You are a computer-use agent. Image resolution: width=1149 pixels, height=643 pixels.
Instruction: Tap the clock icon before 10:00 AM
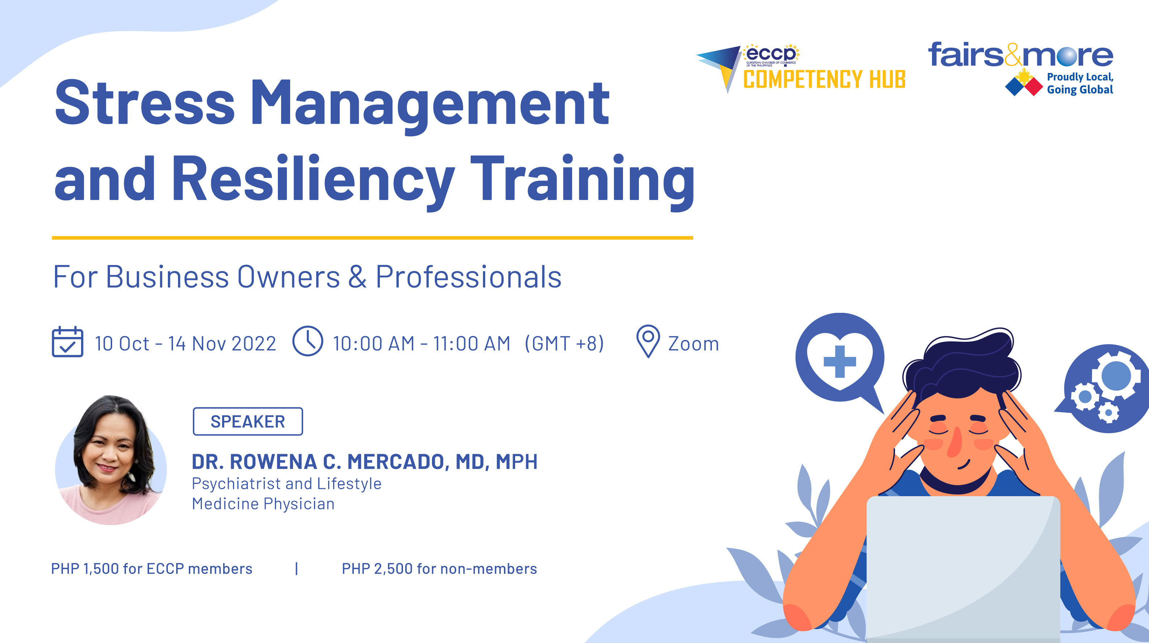(307, 341)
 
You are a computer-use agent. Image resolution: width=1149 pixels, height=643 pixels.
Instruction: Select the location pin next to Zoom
(648, 341)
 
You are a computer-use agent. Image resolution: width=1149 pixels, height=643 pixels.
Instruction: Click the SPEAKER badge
(247, 421)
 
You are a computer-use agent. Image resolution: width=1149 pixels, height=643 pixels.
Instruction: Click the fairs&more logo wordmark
(1021, 55)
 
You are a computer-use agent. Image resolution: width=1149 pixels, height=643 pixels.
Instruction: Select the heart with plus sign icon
(839, 359)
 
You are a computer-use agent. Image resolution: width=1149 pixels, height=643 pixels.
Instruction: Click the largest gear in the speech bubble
(1116, 376)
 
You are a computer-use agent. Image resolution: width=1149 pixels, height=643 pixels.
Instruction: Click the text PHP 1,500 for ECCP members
(152, 569)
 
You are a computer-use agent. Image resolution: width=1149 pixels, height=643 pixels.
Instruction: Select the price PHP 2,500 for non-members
(439, 569)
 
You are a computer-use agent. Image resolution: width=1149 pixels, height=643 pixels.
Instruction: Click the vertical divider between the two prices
(297, 569)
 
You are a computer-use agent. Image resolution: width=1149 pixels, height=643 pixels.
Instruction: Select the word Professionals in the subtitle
(468, 277)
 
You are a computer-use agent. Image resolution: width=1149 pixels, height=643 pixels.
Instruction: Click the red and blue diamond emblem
(1024, 85)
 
